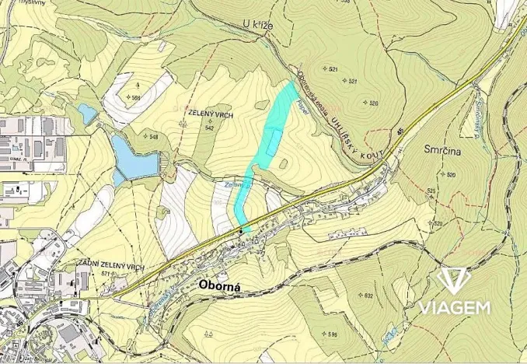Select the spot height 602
(x=368, y=296)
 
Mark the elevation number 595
(x=331, y=334)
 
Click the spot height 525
(x=433, y=191)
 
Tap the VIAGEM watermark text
(x=455, y=307)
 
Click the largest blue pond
(x=133, y=155)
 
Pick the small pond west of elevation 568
(x=87, y=114)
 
